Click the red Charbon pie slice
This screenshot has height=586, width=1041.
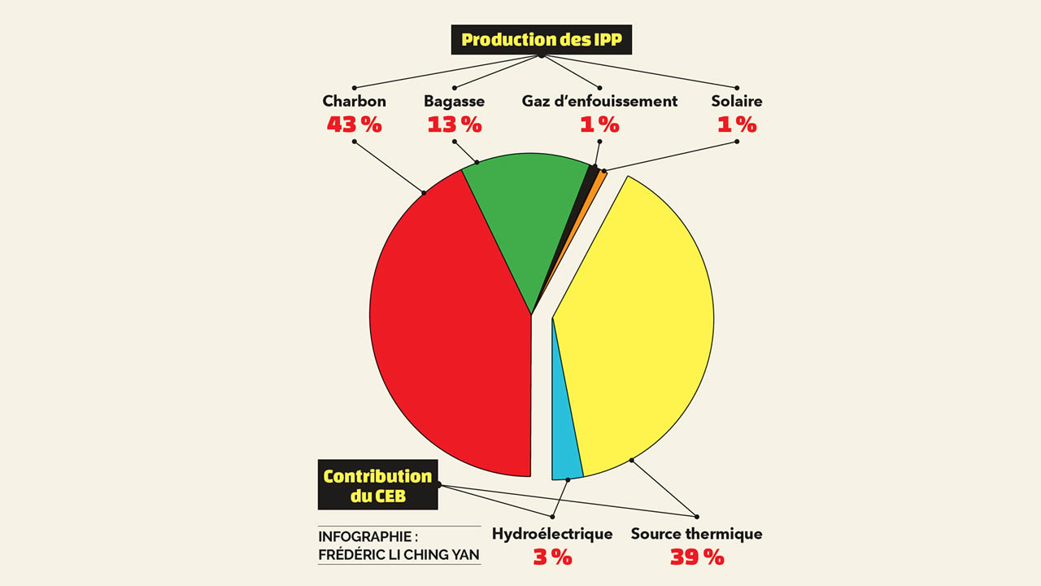pos(447,326)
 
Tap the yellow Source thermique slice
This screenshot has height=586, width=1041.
pos(642,326)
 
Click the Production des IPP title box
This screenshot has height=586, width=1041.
pos(541,39)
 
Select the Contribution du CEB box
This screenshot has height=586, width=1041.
pos(377,485)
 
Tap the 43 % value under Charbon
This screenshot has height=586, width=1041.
pos(354,125)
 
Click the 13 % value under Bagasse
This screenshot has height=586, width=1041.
pos(454,125)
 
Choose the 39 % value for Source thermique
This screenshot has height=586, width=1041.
pos(696,558)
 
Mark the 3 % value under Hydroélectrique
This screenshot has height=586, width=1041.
pos(552,558)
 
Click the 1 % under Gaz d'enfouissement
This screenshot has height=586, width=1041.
pos(599,125)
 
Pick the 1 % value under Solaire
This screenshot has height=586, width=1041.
pos(737,125)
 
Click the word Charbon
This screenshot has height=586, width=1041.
pos(354,102)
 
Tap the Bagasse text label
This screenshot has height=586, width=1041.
pos(454,102)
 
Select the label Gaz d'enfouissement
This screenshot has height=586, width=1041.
pos(599,102)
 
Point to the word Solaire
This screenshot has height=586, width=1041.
pos(737,102)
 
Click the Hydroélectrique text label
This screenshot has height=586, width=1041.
pos(552,535)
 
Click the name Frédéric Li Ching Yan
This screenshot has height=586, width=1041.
pos(399,556)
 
